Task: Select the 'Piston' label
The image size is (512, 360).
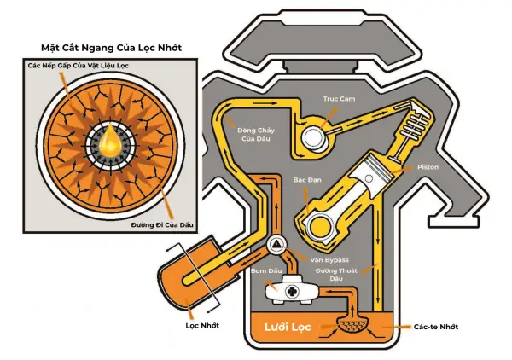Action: [x=428, y=167]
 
